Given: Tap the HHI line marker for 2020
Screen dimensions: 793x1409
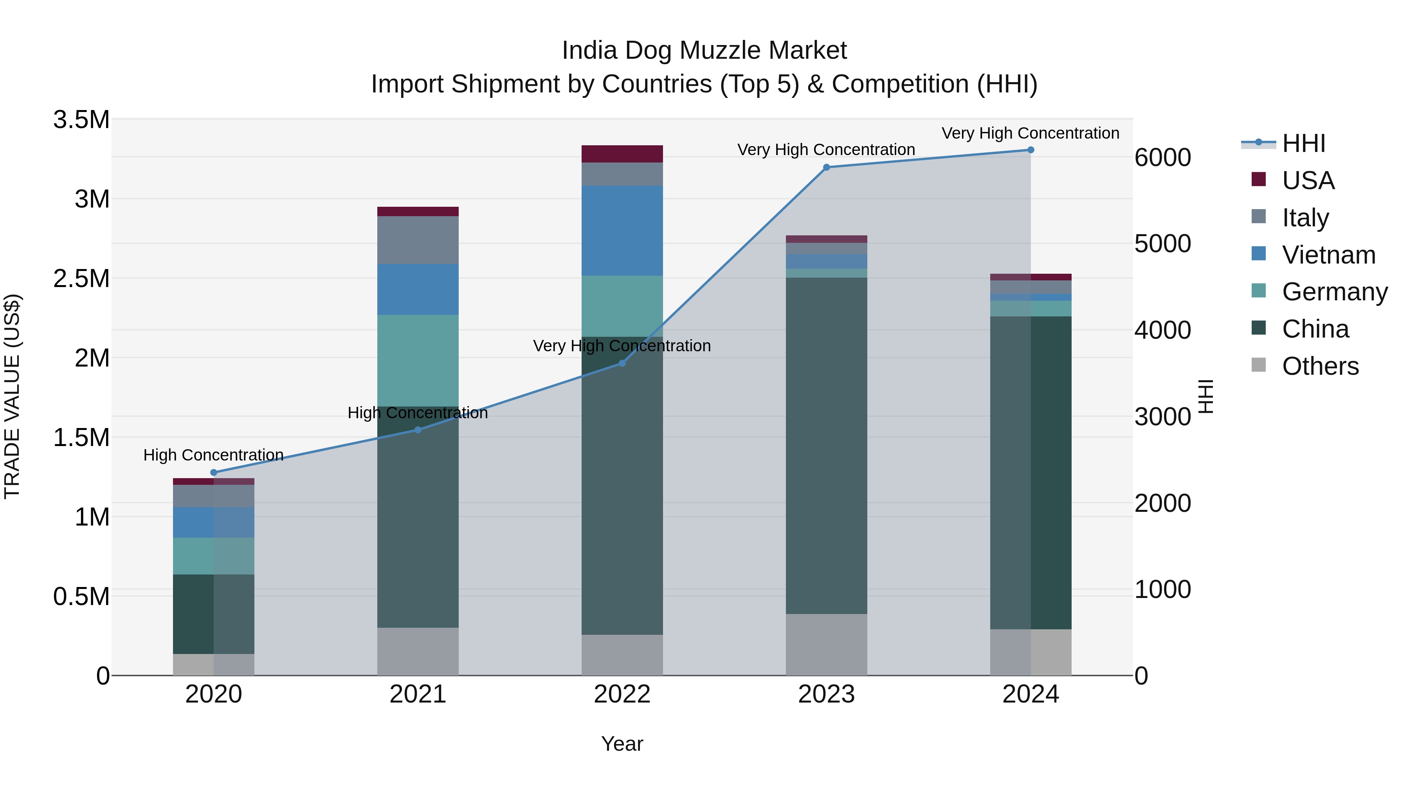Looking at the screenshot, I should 214,472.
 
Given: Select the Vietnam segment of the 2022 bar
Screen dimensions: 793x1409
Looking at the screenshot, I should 622,230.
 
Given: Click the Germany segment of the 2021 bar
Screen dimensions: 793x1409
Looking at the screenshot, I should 418,360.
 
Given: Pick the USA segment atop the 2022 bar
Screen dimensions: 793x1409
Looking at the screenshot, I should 622,154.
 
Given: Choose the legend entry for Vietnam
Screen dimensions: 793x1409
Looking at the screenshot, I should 1328,255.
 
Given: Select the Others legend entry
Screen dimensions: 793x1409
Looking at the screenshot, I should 1320,366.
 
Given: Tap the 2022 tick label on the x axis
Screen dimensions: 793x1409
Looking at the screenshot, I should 622,694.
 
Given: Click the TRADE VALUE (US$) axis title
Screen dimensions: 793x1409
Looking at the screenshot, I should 13,396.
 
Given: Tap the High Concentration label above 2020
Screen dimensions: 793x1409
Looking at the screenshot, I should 213,455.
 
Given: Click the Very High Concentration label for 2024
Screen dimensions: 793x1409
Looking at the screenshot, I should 1030,134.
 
